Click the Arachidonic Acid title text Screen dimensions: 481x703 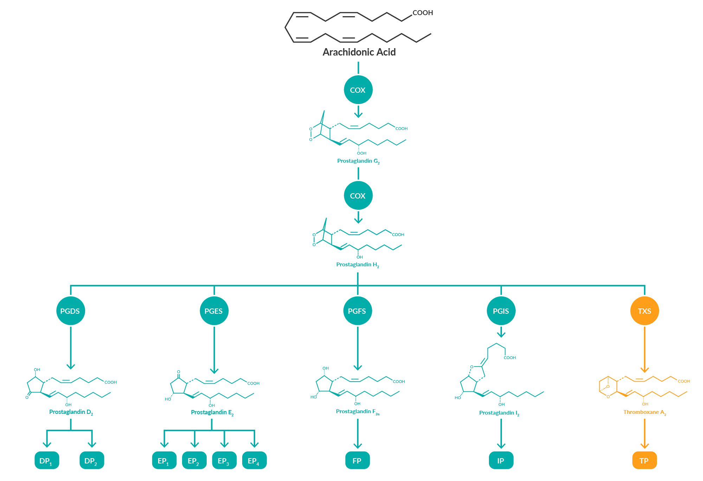[359, 52]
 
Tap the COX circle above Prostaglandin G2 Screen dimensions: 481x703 [358, 90]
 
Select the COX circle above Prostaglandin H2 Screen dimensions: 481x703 [358, 196]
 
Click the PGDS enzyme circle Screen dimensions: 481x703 [70, 311]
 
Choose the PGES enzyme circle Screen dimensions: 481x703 [214, 311]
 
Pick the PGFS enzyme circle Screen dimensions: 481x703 [357, 311]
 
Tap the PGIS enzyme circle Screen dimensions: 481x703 [501, 311]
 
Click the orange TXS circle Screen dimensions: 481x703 [644, 311]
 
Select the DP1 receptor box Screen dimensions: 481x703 [46, 461]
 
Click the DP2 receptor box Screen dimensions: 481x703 [91, 461]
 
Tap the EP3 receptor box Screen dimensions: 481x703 [224, 461]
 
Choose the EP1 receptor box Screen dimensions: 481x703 [164, 461]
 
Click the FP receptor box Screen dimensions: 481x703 [357, 461]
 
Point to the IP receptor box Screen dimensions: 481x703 [501, 461]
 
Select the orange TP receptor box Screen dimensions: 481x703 [644, 461]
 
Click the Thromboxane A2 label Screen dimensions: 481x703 [644, 412]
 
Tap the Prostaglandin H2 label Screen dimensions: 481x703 [357, 265]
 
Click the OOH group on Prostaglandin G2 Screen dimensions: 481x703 [361, 153]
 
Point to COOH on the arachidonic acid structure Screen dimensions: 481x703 [423, 13]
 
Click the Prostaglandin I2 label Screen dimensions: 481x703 [499, 413]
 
